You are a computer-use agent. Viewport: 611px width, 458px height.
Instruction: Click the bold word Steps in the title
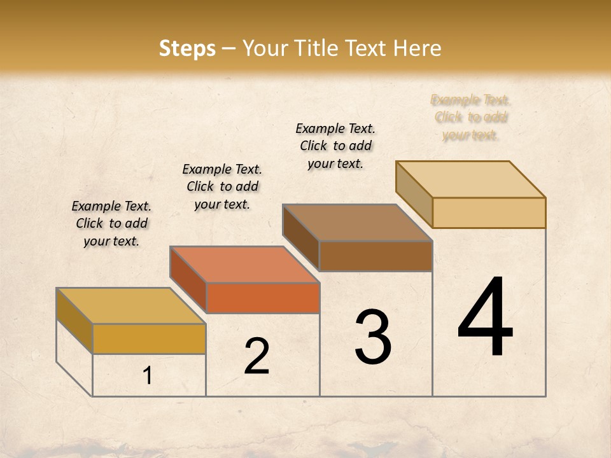pos(187,48)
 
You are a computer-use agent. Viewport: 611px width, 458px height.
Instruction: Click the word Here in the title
pos(417,48)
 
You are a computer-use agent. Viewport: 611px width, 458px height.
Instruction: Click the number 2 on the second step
pos(256,357)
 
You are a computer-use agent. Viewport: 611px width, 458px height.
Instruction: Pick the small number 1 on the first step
pos(148,375)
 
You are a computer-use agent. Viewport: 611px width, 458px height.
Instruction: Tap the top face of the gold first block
pos(130,306)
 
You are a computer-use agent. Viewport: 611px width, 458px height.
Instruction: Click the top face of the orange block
pos(244,265)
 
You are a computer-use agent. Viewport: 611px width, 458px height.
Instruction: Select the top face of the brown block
pos(357,223)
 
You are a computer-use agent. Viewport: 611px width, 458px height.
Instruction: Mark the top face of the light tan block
pos(470,179)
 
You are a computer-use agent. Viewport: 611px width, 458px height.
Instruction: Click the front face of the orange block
pos(263,298)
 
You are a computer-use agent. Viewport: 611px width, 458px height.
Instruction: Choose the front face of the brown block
pos(376,256)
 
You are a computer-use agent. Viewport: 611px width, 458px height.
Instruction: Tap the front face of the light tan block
pos(489,212)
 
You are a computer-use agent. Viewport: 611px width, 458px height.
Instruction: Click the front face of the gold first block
pos(149,338)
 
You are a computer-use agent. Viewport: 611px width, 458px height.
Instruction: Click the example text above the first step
pos(111,223)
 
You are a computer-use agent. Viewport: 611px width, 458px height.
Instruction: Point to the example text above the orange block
pos(222,186)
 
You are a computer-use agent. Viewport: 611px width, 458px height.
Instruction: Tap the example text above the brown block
pos(335,146)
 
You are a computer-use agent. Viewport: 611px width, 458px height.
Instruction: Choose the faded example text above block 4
pos(470,117)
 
